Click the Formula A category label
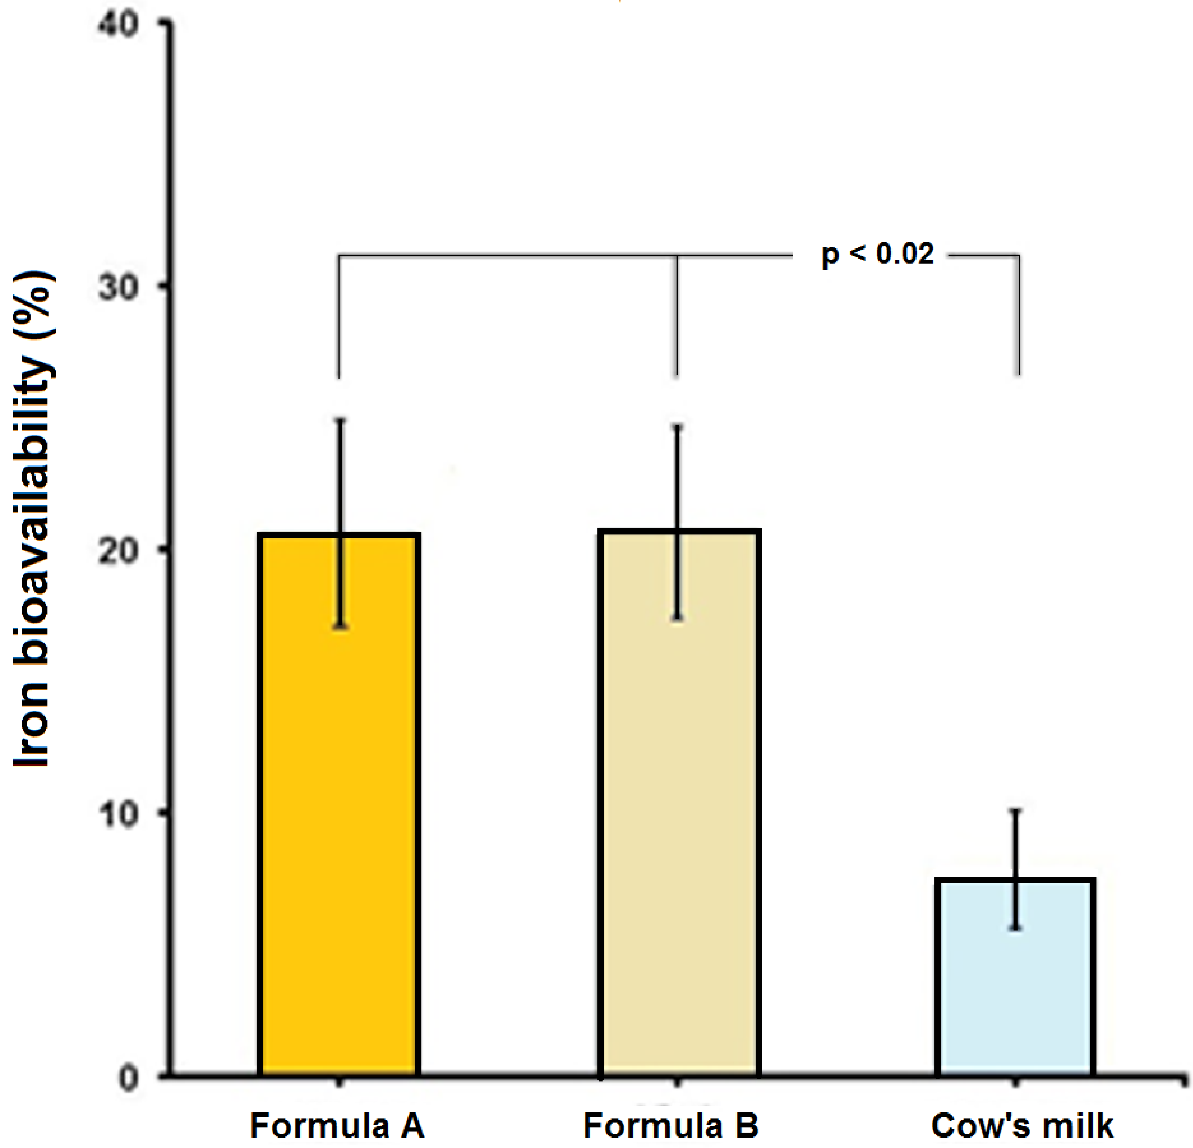coord(337,1126)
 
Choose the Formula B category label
coord(671,1126)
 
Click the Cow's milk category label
coord(1022,1126)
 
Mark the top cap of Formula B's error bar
coord(677,427)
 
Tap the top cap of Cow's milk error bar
coord(1015,810)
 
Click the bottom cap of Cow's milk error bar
coord(1015,928)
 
